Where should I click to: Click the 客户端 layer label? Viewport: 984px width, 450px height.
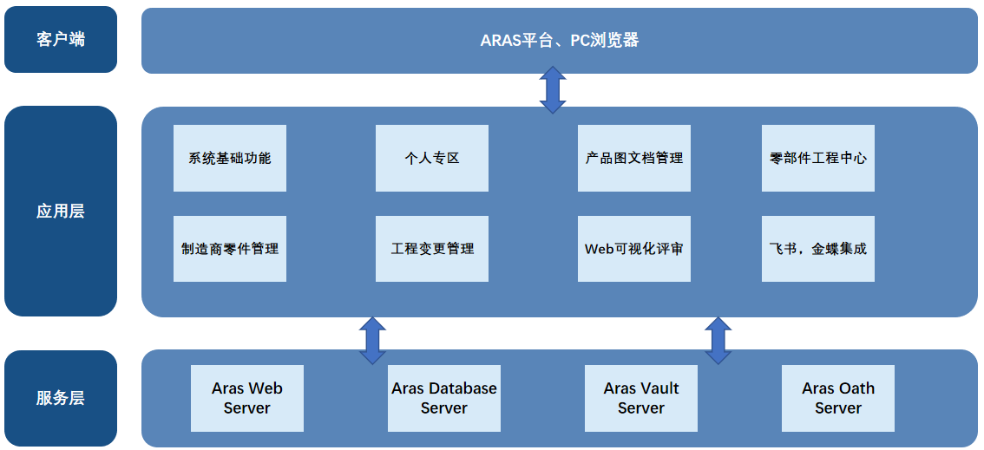coord(60,40)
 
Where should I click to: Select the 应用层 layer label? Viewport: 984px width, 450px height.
coord(60,212)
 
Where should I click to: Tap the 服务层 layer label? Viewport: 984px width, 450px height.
coord(60,398)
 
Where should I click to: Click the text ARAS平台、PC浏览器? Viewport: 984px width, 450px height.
coord(559,41)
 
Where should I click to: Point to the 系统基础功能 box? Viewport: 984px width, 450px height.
coord(230,158)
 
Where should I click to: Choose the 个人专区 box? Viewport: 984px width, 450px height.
coord(432,158)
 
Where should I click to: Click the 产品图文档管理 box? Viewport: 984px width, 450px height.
coord(633,158)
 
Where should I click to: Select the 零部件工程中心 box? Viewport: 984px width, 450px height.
coord(817,158)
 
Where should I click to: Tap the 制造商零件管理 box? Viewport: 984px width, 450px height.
coord(230,249)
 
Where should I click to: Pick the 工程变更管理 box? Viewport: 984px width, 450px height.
coord(432,249)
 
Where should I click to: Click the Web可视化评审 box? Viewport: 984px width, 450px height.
coord(633,249)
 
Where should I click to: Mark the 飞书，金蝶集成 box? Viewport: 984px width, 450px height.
coord(817,249)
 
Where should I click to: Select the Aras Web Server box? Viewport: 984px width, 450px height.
coord(247,398)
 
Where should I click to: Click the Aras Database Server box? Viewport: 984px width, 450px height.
coord(444,398)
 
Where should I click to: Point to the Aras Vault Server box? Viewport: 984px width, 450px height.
coord(640,398)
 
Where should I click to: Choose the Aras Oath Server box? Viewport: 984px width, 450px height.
coord(837,398)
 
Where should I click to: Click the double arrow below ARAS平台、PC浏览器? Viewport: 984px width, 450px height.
coord(553,90)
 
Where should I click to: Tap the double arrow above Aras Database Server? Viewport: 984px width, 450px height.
coord(373,341)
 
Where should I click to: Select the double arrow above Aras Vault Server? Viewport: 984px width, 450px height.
coord(718,341)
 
